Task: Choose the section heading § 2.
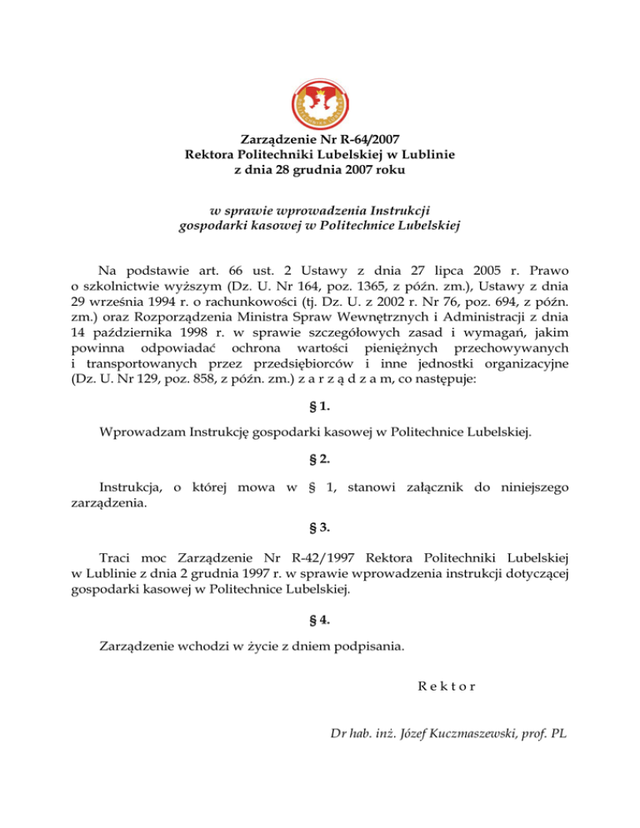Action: [320, 459]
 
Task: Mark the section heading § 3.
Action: [320, 526]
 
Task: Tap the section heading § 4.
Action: [320, 619]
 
